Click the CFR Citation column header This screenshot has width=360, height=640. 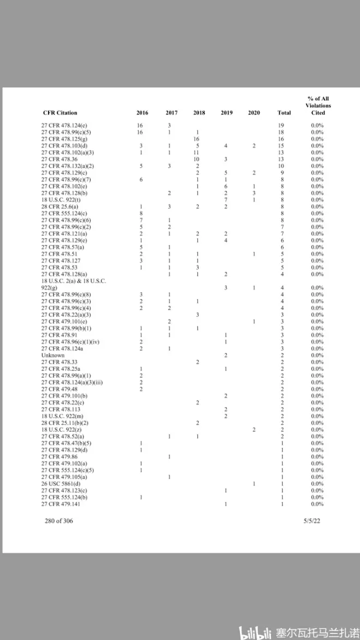60,113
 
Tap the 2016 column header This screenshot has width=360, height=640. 142,113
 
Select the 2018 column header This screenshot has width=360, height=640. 199,113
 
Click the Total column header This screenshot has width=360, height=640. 284,113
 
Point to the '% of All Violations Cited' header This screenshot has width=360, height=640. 317,105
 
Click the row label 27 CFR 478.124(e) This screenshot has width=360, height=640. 64,125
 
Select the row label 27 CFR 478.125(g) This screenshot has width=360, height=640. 64,139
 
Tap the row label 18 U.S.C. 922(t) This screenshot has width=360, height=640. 60,200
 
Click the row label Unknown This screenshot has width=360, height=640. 53,355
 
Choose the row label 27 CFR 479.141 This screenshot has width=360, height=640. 59,504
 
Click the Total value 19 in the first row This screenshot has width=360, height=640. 281,125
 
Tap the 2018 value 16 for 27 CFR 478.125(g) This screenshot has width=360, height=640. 196,139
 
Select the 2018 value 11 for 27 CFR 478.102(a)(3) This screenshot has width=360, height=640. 196,153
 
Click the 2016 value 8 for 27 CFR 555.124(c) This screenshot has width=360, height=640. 141,213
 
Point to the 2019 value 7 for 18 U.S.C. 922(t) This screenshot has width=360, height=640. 226,200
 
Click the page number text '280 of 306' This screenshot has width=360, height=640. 59,521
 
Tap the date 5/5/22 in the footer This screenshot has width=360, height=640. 312,521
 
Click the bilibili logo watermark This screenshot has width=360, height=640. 256,629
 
